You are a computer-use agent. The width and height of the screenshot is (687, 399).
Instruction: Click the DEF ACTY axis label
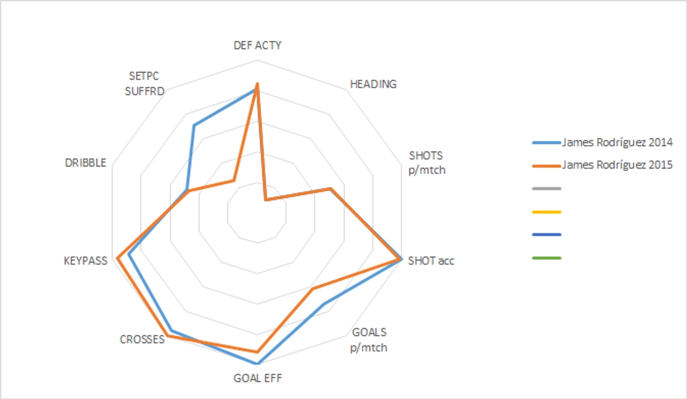pos(257,45)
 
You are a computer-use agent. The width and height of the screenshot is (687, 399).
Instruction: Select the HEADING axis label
pos(373,84)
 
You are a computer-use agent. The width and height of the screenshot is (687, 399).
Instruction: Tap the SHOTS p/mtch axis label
pos(426,163)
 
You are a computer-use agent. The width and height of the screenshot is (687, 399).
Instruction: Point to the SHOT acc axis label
pos(431,261)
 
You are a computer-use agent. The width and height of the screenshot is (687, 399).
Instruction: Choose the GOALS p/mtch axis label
pos(369,340)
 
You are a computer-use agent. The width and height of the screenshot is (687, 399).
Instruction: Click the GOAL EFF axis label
pos(257,378)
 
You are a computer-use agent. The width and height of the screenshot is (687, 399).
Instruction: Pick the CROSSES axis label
pos(142,339)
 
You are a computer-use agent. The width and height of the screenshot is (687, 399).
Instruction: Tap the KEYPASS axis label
pos(86,261)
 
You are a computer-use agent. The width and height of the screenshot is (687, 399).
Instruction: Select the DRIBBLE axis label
pos(86,163)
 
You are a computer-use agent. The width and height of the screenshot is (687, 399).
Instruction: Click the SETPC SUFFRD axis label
pos(144,84)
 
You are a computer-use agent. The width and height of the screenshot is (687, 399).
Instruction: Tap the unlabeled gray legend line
pos(546,189)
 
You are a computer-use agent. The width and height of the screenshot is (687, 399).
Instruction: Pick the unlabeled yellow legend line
pos(546,212)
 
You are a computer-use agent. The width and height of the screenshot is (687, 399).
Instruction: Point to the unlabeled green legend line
pos(546,258)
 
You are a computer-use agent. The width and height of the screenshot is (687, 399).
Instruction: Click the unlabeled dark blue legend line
pos(546,235)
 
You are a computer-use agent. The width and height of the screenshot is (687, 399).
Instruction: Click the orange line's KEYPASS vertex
pos(118,258)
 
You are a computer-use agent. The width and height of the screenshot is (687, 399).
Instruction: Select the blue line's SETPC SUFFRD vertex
pos(194,125)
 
